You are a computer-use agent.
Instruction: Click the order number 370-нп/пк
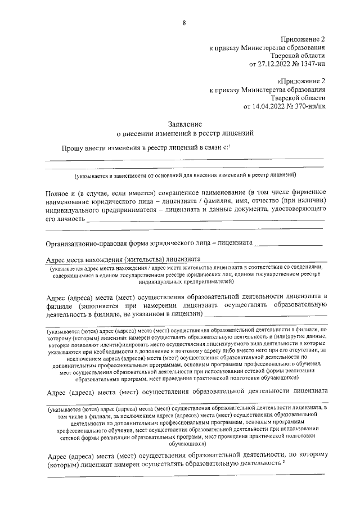pos(308,106)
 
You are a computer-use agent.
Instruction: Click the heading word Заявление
pos(185,124)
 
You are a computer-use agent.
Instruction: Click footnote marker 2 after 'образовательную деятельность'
pos(284,461)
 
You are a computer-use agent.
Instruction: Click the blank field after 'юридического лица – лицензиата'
pos(289,244)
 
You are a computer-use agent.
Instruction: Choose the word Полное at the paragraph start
pos(57,193)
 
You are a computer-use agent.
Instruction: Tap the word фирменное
pos(307,193)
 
